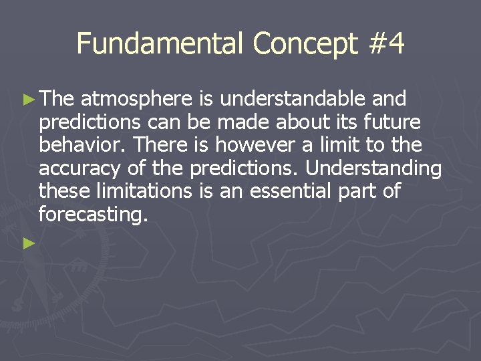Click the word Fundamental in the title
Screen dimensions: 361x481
[160, 43]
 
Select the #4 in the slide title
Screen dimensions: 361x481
[387, 43]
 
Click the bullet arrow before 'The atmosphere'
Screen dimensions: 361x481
[29, 100]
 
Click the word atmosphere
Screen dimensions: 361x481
[136, 100]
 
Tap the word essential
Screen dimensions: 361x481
[291, 192]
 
